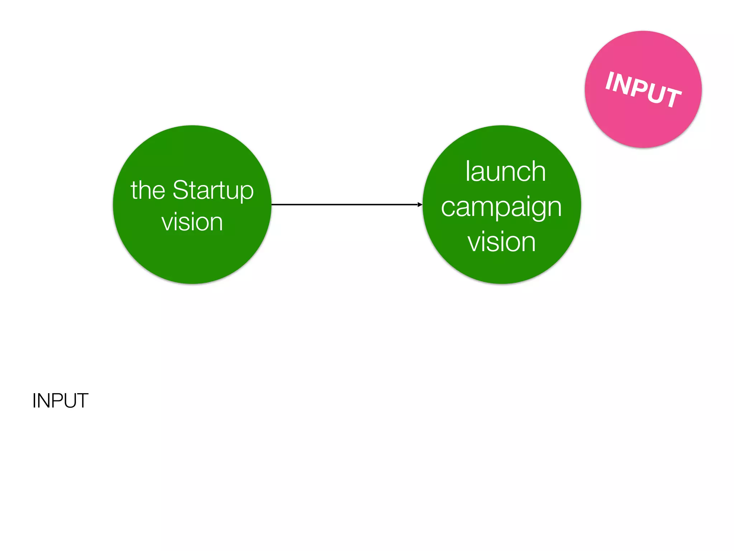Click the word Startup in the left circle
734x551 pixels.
pyautogui.click(x=213, y=191)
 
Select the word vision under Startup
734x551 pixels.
pyautogui.click(x=192, y=222)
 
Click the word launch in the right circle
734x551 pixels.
pyautogui.click(x=505, y=172)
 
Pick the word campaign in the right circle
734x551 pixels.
pyautogui.click(x=501, y=208)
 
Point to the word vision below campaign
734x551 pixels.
pyautogui.click(x=501, y=242)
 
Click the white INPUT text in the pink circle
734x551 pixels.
pyautogui.click(x=643, y=89)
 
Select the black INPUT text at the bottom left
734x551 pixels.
pyautogui.click(x=60, y=401)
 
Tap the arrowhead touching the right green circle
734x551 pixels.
pyautogui.click(x=420, y=204)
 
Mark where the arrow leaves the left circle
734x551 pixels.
pyautogui.click(x=272, y=204)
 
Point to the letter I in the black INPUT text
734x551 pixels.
pyautogui.click(x=34, y=401)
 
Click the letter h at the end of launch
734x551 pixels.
pyautogui.click(x=538, y=172)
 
